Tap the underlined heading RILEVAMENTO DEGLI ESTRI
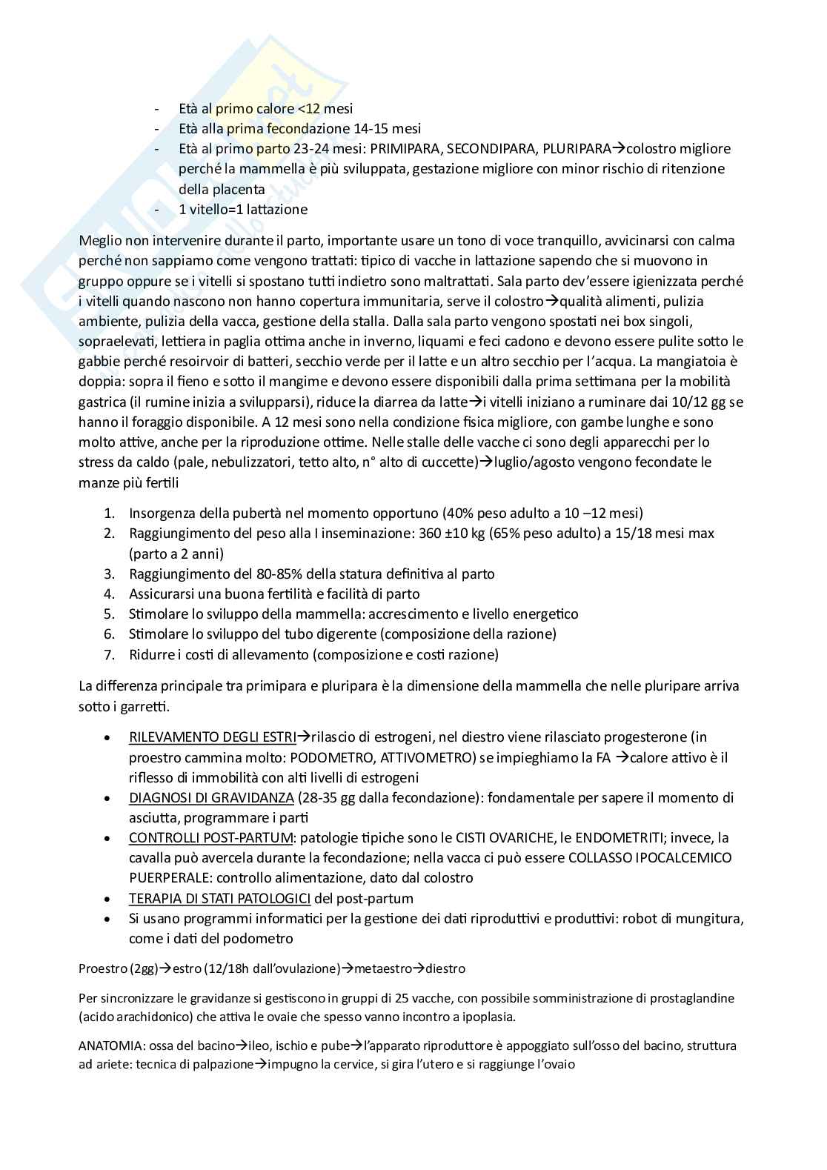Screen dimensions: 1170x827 point(212,737)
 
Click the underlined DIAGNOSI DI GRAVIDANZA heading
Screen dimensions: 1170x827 point(211,797)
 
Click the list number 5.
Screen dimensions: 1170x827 point(109,614)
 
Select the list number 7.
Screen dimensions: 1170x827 point(109,654)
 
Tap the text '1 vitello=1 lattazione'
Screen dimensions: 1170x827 point(243,210)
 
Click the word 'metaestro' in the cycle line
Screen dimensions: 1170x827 point(382,968)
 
